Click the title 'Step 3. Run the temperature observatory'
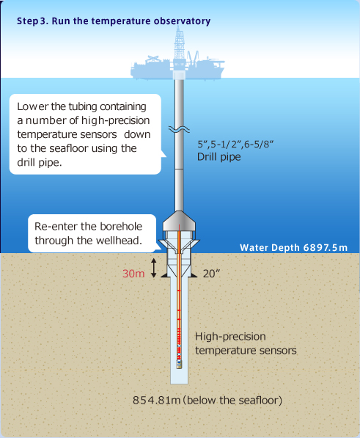[x=114, y=21]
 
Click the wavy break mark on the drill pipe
[x=179, y=129]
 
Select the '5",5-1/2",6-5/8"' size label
[x=235, y=144]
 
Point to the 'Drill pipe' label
[x=218, y=157]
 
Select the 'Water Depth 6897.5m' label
[x=293, y=248]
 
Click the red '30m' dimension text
[x=133, y=274]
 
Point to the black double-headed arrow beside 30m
[x=153, y=268]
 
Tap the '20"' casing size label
[x=211, y=274]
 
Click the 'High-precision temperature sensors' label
[x=246, y=343]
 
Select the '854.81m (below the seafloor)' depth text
[x=207, y=401]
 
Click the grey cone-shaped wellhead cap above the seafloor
[x=179, y=221]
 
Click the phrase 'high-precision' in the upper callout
[x=116, y=120]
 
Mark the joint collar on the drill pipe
[x=179, y=169]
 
